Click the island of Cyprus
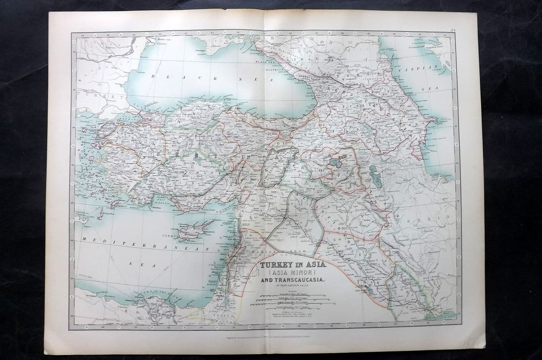coord(195,230)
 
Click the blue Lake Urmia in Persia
coord(373,172)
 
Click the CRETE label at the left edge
coord(81,212)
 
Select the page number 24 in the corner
coord(453,30)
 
